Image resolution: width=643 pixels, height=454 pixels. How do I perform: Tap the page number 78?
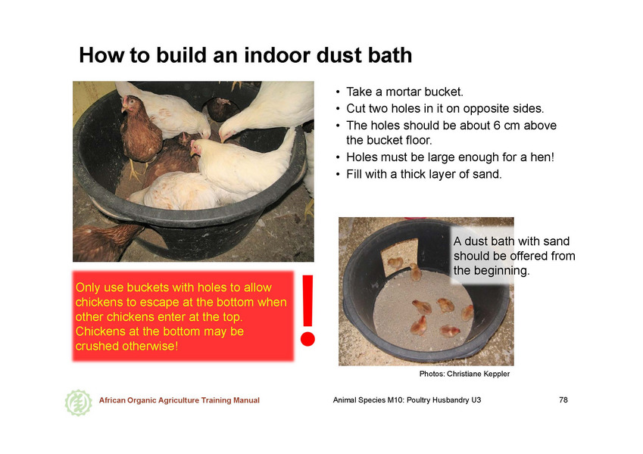[x=563, y=400]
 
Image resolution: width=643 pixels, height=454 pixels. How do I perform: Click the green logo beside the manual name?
[x=78, y=403]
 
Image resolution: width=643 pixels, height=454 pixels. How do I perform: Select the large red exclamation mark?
[x=307, y=310]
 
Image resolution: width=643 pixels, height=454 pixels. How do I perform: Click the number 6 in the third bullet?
[x=497, y=126]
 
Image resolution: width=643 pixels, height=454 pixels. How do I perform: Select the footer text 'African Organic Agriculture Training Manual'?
[x=179, y=400]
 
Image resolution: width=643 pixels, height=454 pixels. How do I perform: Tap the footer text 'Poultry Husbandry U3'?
[x=444, y=400]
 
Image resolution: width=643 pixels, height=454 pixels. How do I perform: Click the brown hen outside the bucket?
[x=106, y=241]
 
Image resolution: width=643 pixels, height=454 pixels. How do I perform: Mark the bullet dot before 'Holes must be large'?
[x=338, y=157]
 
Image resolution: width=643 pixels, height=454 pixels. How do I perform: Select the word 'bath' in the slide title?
[x=390, y=55]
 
